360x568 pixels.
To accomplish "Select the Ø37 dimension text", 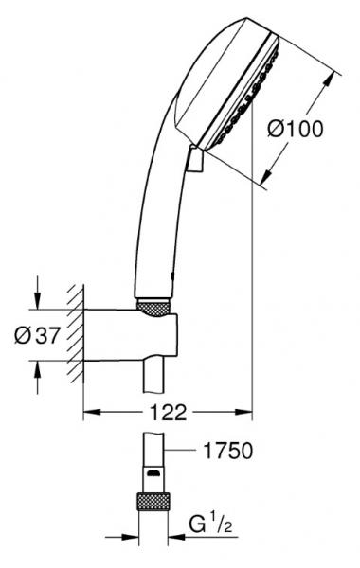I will [x=42, y=335].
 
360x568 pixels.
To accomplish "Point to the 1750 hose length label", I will [x=226, y=452].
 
